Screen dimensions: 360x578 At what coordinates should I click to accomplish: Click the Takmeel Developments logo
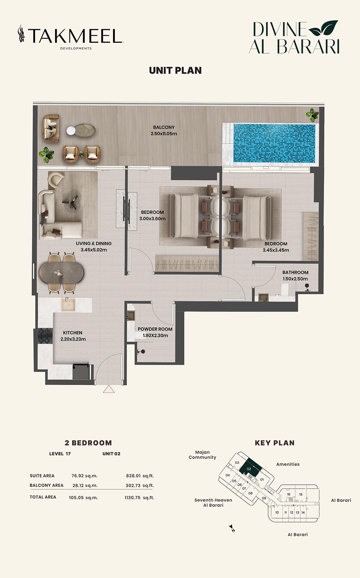(x=71, y=37)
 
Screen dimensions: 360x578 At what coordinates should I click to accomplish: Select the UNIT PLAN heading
(x=175, y=71)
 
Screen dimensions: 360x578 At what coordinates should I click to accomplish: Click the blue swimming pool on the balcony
(x=274, y=143)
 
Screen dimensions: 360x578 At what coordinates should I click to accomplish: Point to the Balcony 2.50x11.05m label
(x=164, y=131)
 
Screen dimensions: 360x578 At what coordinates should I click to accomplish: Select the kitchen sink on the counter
(x=68, y=304)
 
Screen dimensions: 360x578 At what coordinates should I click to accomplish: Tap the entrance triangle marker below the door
(x=109, y=389)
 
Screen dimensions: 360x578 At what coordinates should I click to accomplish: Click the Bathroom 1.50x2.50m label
(x=295, y=275)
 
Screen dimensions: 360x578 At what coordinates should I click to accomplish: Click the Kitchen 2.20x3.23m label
(x=73, y=336)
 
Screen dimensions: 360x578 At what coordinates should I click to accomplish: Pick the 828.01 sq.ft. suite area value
(x=140, y=476)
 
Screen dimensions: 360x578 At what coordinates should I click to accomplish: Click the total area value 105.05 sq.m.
(x=83, y=498)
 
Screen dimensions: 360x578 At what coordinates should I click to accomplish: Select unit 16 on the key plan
(x=289, y=494)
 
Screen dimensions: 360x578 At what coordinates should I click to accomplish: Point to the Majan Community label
(x=202, y=455)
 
